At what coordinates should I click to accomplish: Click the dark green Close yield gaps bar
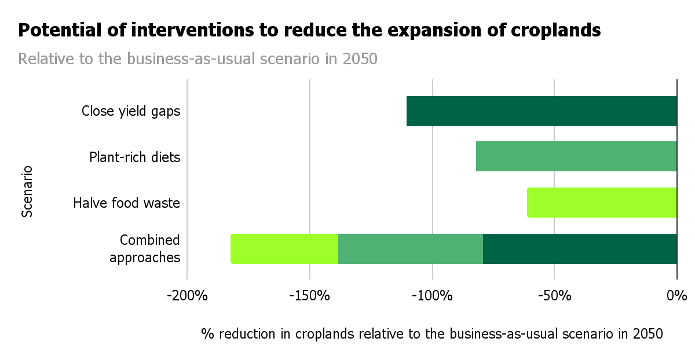point(542,111)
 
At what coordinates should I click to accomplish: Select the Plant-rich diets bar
point(576,156)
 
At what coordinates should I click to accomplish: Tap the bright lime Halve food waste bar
point(602,203)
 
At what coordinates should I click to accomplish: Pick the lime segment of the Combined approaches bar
point(284,249)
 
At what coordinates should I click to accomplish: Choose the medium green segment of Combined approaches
point(411,249)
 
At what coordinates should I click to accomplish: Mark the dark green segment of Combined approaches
point(580,249)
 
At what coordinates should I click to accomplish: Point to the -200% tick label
point(187,296)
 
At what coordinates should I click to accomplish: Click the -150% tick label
point(310,296)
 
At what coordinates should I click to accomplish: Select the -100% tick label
point(432,296)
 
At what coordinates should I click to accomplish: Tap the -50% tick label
point(554,296)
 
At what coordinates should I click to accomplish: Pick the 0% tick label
point(676,296)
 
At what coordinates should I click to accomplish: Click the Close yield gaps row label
point(131,111)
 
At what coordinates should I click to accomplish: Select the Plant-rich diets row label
point(135,157)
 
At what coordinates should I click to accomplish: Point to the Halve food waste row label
point(127,203)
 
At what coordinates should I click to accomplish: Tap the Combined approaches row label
point(145,249)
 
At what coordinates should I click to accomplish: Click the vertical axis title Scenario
point(27,192)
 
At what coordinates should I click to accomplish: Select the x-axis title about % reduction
point(431,334)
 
